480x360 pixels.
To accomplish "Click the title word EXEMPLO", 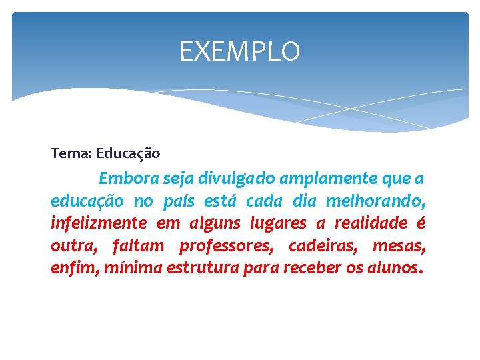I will [240, 51].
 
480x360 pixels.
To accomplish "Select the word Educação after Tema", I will [128, 154].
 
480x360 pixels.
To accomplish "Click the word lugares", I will [278, 223].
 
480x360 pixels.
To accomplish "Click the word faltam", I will [138, 245].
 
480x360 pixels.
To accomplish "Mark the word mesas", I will [399, 245].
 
